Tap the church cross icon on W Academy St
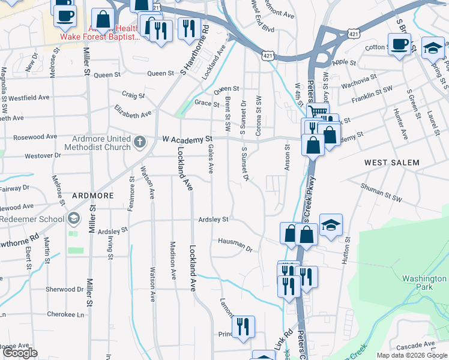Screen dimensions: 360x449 (140, 142)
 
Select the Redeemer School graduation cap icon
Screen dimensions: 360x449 (74, 218)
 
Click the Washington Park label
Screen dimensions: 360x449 (424, 283)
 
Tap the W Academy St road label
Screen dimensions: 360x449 (188, 139)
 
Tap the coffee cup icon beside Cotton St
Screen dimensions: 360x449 (399, 44)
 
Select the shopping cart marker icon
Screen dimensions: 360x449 (318, 112)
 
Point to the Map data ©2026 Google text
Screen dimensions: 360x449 (411, 355)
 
